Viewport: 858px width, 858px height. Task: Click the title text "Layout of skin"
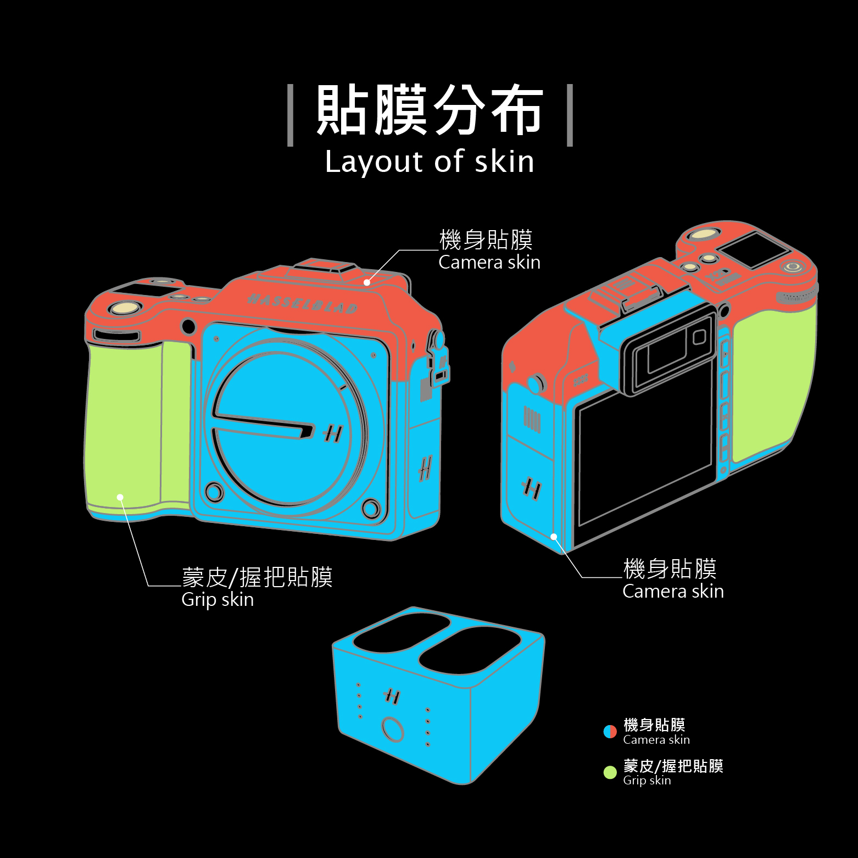(x=429, y=161)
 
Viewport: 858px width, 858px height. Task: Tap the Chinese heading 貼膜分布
(x=429, y=110)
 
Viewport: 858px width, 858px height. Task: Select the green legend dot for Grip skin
(x=610, y=772)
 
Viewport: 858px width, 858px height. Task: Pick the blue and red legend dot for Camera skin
(x=610, y=732)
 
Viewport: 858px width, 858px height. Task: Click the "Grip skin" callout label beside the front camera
(x=218, y=599)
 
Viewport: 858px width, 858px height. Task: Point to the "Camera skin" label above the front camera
(x=489, y=262)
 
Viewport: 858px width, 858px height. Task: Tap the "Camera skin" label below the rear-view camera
(x=673, y=591)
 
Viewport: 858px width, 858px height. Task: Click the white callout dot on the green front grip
(x=120, y=497)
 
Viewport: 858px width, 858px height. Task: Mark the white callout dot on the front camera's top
(x=367, y=282)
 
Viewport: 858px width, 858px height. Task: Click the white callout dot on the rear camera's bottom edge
(x=554, y=537)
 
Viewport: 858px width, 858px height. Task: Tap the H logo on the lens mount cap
(x=333, y=433)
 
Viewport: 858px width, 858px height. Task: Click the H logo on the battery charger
(x=392, y=697)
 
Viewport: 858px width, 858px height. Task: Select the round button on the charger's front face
(x=393, y=729)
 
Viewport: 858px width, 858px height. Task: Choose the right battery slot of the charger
(x=470, y=651)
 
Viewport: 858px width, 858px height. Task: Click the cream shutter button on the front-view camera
(x=125, y=308)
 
